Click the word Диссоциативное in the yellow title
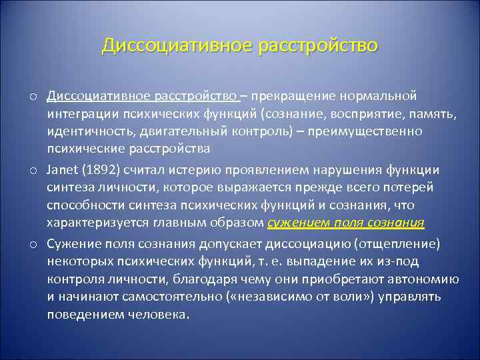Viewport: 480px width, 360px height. [175, 45]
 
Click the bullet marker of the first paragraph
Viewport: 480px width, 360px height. [32, 96]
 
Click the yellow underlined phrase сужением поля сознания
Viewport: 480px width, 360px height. [345, 222]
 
